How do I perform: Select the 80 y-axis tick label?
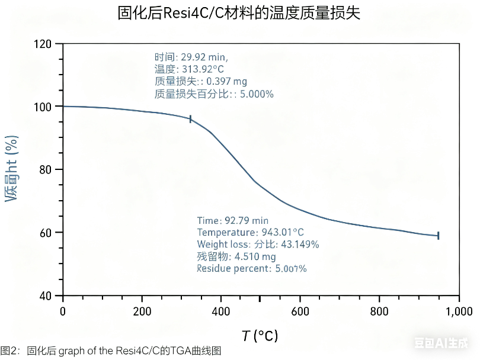(46, 169)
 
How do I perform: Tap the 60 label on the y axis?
(46, 233)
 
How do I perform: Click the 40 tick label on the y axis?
(46, 295)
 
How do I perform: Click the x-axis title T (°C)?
(260, 336)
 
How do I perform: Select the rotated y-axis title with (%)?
(12, 169)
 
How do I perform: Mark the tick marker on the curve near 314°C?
(190, 119)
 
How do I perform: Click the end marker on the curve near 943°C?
(438, 235)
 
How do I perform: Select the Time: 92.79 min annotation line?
(233, 221)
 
